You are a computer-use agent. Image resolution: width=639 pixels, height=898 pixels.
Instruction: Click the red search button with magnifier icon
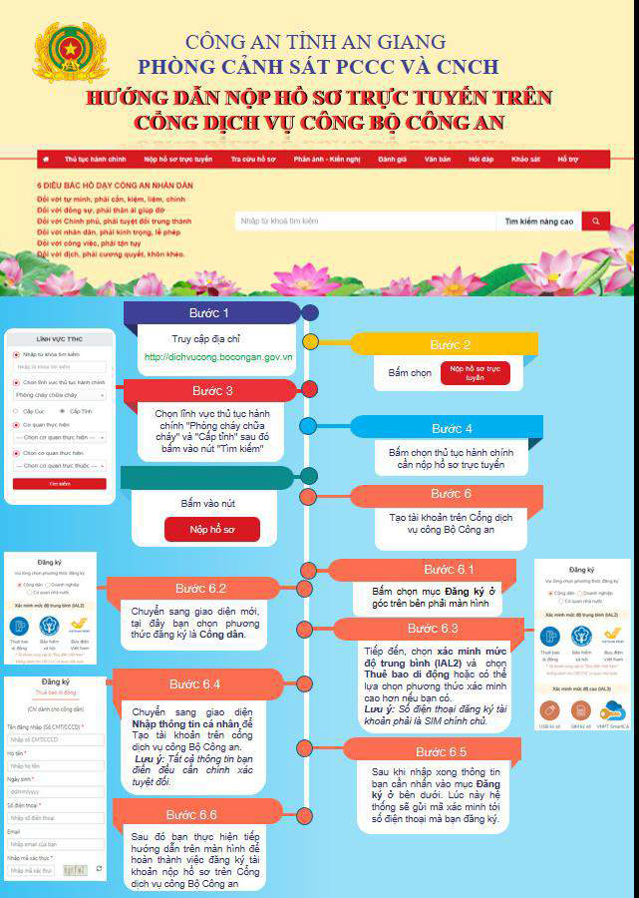click(595, 221)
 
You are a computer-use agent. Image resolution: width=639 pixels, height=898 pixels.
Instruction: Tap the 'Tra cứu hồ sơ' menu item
click(254, 159)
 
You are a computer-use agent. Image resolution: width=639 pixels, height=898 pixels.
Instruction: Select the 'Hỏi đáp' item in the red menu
click(480, 159)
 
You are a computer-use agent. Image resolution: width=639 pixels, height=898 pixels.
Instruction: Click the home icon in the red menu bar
click(46, 159)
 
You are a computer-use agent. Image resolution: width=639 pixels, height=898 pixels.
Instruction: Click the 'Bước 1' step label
click(211, 313)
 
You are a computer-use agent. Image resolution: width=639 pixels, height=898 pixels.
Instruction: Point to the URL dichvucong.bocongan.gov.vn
click(218, 356)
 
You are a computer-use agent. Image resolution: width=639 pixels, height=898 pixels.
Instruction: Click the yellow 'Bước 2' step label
click(450, 344)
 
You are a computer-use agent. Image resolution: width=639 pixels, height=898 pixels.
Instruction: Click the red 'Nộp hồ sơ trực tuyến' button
click(474, 373)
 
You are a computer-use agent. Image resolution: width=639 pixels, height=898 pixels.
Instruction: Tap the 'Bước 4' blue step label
click(452, 428)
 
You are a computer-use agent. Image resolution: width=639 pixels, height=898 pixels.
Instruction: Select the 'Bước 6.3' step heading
click(433, 629)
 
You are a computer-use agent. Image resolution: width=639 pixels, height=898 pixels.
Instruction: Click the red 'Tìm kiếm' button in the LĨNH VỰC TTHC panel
click(59, 484)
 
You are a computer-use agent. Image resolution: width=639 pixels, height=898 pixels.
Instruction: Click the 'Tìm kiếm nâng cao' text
click(539, 221)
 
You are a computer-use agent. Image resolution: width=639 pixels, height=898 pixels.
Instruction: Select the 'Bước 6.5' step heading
click(442, 751)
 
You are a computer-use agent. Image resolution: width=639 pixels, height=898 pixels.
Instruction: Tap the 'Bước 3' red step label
click(212, 390)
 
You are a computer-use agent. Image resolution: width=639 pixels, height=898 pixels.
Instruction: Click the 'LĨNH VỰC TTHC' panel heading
click(60, 339)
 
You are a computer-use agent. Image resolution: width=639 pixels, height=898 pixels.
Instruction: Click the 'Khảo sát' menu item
click(525, 159)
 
